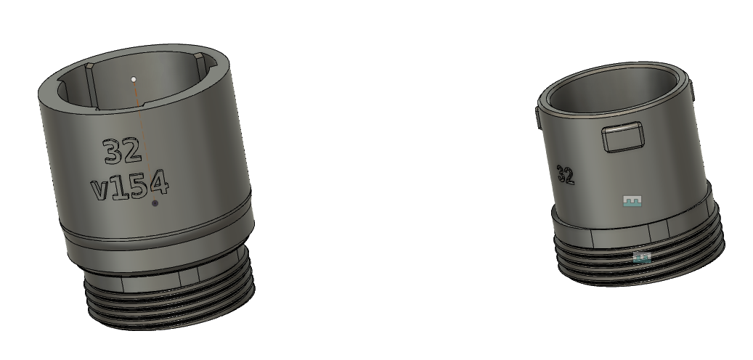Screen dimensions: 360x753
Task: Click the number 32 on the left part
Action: pos(121,152)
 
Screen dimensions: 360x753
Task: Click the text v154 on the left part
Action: pos(131,187)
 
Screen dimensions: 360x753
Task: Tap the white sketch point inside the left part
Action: pos(134,78)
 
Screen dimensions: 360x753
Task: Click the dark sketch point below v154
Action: pos(155,204)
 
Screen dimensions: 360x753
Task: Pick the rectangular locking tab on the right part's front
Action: pos(622,137)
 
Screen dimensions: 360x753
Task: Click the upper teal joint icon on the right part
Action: pos(634,201)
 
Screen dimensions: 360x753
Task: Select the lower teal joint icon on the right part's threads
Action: pos(641,257)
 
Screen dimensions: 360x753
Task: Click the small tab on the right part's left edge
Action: pos(537,118)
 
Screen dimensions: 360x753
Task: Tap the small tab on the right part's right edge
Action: pos(691,91)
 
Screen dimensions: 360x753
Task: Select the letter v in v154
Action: pos(100,190)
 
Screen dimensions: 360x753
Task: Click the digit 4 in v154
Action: pos(159,184)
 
